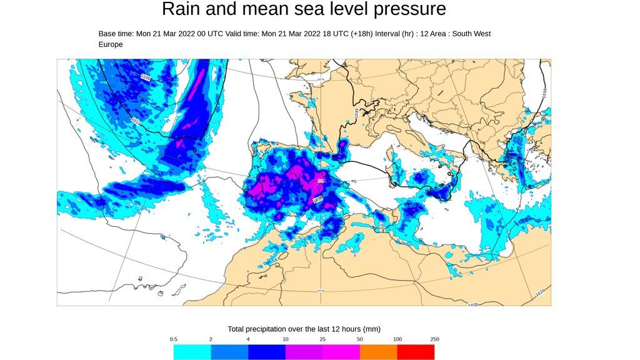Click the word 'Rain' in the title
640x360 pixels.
coord(181,9)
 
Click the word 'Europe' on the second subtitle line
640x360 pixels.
coord(111,45)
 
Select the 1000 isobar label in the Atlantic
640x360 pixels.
coord(146,77)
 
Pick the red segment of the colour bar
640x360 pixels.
coord(416,352)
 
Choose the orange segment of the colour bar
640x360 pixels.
coord(379,352)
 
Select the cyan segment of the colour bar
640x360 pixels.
coord(192,352)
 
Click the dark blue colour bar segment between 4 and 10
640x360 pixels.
coord(267,352)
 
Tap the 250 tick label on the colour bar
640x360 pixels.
coord(434,339)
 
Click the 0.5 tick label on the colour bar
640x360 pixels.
coord(174,339)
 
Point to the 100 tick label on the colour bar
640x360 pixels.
coord(397,339)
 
